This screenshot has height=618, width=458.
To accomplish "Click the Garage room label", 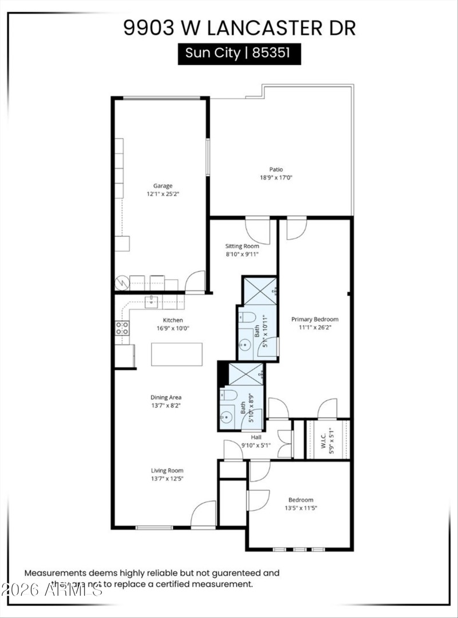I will (x=163, y=186).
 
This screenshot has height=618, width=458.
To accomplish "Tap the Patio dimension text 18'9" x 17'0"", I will (x=277, y=178).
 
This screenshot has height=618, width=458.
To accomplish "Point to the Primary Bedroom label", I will (x=314, y=319).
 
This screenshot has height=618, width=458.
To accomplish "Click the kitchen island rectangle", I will (x=177, y=354).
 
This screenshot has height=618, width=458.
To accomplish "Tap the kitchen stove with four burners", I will (x=122, y=328).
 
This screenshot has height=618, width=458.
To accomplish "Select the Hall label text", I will (x=256, y=437).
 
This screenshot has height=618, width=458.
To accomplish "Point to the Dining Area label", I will (x=166, y=397).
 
